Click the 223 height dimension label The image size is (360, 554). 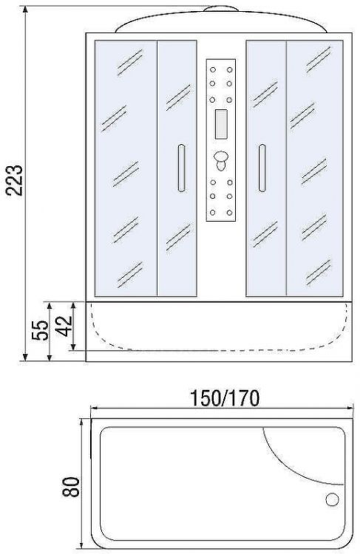(14, 179)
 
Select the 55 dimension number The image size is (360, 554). (40, 330)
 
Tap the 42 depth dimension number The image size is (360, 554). (64, 326)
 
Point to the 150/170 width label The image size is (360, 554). (225, 398)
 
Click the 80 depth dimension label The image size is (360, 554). (71, 487)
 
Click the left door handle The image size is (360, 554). (181, 168)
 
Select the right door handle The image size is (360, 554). (262, 168)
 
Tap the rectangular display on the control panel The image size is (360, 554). (221, 124)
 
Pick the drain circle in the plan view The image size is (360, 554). (332, 499)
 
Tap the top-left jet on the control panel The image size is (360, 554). (213, 70)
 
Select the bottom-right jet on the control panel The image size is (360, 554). (229, 213)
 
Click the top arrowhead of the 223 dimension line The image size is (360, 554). (25, 8)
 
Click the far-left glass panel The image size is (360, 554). (126, 168)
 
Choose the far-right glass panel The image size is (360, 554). (314, 168)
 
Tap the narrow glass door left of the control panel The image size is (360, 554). (177, 168)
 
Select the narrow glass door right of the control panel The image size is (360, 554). (266, 168)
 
